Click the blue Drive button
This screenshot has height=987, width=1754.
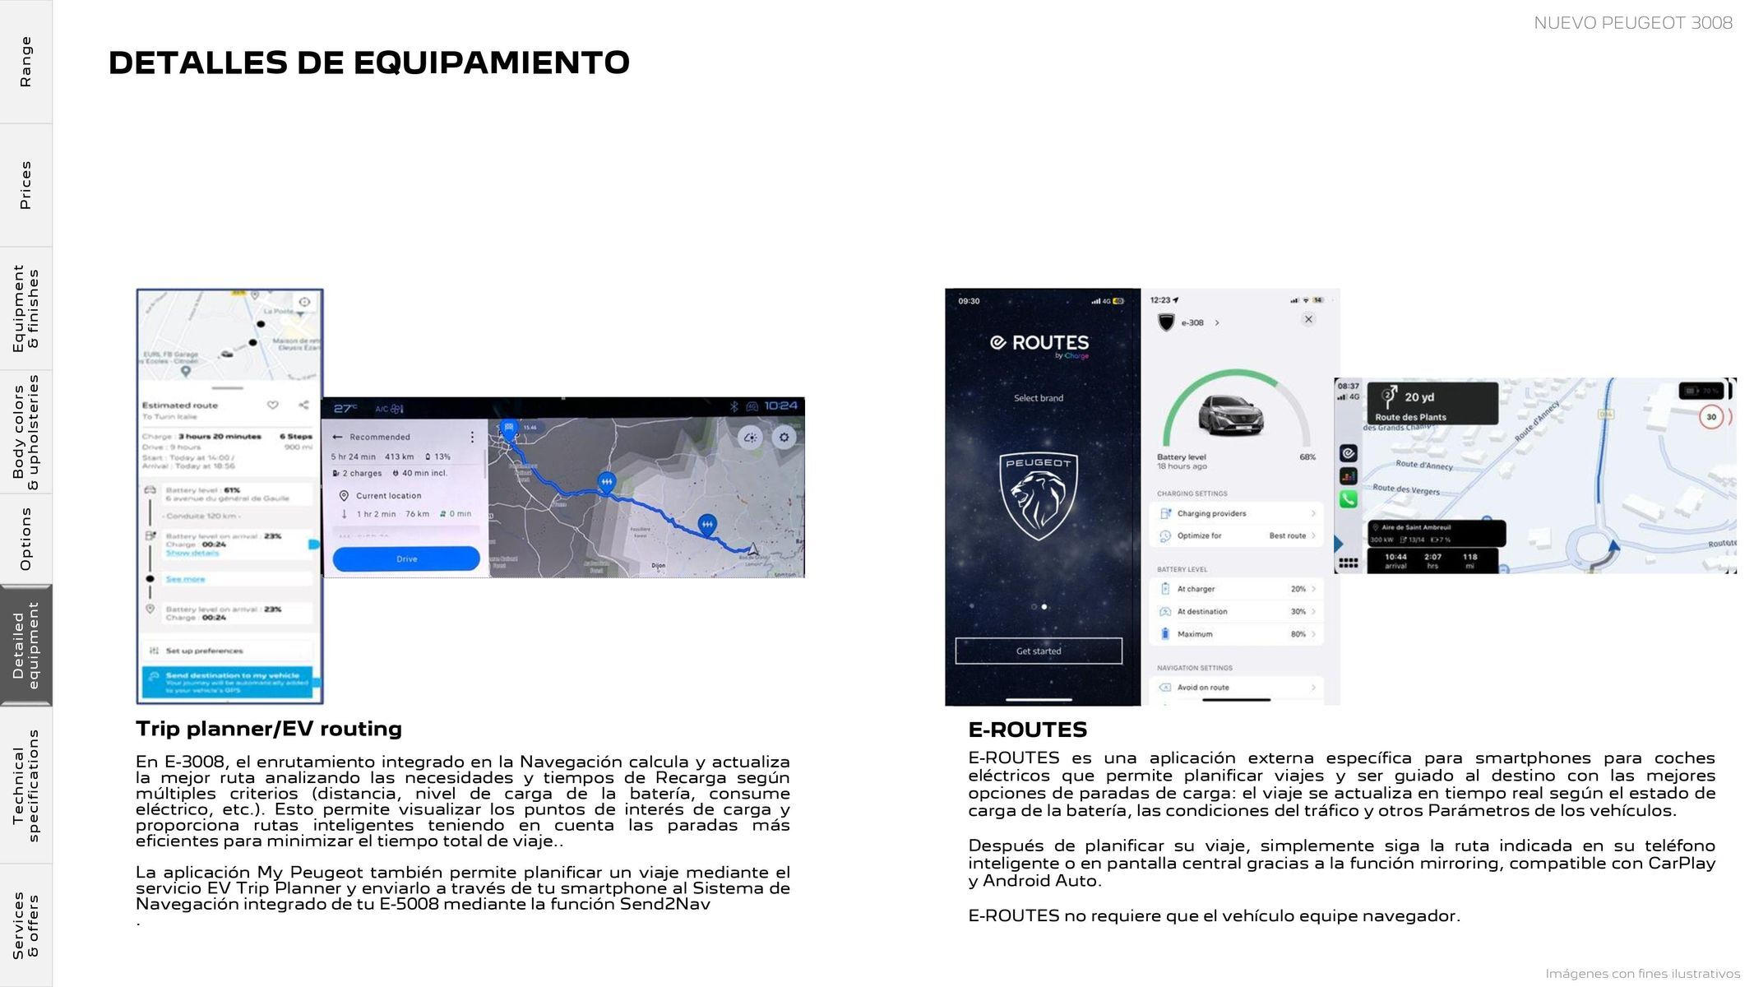tap(406, 558)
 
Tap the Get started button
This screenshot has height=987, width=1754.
tap(1039, 651)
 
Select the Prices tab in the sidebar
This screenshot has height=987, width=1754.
tap(25, 185)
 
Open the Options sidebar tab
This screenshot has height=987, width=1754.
tap(25, 539)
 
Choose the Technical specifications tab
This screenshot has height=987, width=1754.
tap(25, 785)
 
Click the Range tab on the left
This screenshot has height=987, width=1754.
tap(25, 62)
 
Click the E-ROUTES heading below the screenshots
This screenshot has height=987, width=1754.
tap(1027, 730)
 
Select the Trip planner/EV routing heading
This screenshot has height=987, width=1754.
tap(269, 729)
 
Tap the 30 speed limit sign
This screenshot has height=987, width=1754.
tap(1711, 417)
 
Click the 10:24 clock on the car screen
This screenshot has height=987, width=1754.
tap(780, 406)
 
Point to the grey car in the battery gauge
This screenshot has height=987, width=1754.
tap(1231, 415)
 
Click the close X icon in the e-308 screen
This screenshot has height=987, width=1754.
tap(1308, 319)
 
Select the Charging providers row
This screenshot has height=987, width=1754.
tap(1237, 513)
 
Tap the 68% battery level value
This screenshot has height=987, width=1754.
tap(1307, 457)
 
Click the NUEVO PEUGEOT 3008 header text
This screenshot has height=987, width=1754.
tap(1632, 23)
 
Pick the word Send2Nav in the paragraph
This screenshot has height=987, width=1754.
tap(664, 905)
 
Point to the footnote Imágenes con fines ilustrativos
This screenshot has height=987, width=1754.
tap(1642, 974)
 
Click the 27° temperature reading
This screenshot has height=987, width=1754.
tap(345, 408)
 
